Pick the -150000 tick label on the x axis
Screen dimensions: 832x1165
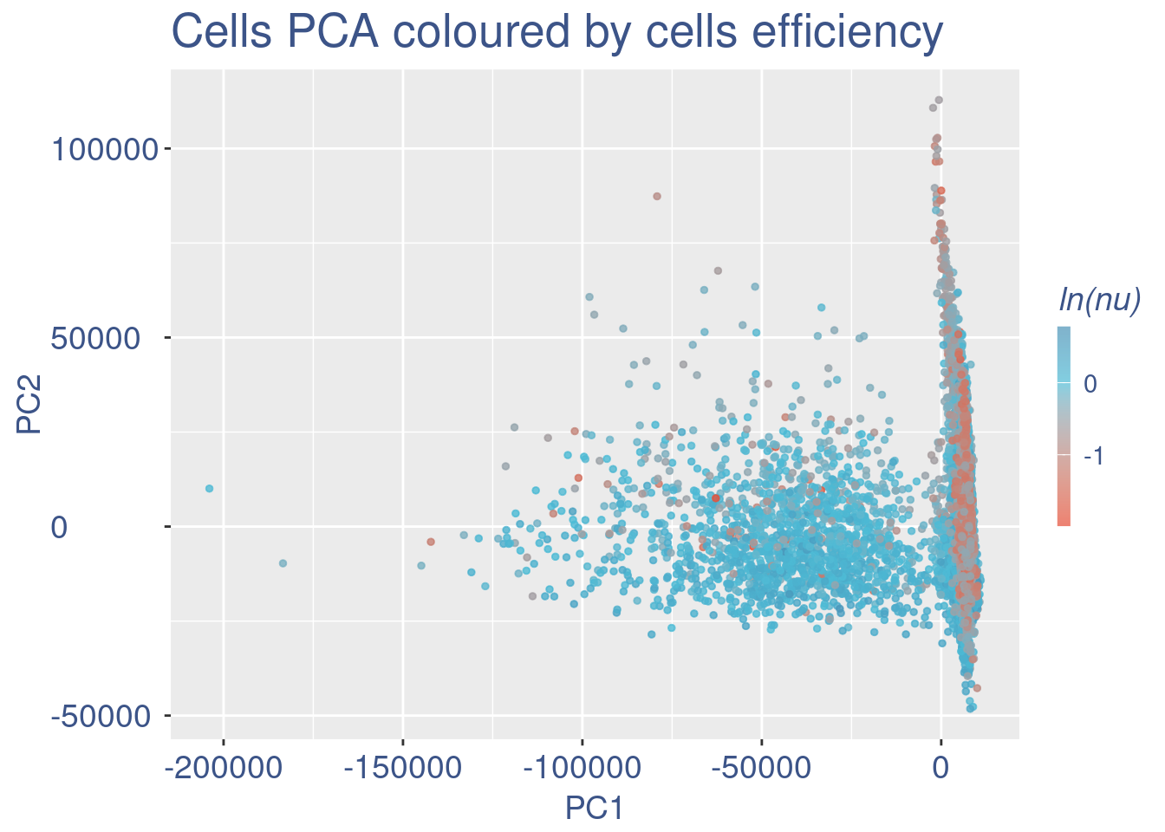click(402, 767)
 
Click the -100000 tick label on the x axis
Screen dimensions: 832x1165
click(582, 767)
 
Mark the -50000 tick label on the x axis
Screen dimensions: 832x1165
click(761, 767)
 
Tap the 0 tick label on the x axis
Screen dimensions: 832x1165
click(940, 767)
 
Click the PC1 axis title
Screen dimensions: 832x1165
click(594, 809)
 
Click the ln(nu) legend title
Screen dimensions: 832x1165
click(1099, 299)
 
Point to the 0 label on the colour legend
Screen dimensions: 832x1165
click(1090, 383)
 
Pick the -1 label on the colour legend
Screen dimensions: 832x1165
click(1094, 456)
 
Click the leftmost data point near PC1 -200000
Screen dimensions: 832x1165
click(209, 489)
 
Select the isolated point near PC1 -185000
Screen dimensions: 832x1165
click(283, 563)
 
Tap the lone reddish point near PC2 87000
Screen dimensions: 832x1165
click(657, 196)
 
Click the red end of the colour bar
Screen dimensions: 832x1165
click(1064, 520)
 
